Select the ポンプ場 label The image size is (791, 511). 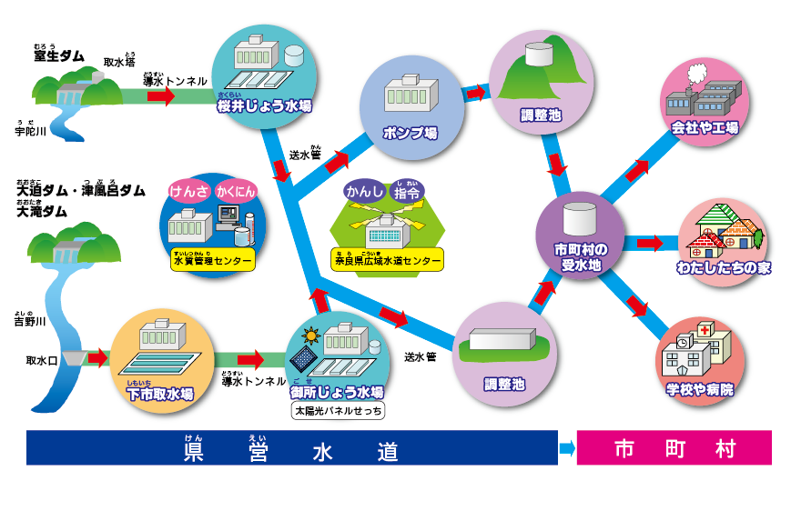pos(411,133)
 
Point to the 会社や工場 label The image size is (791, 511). pos(705,127)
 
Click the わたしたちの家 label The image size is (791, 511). pos(725,268)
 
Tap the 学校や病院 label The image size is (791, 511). pos(700,389)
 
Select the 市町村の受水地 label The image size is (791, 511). pos(580,256)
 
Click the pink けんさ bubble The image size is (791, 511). pos(188,192)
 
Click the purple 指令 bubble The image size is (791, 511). pos(409,193)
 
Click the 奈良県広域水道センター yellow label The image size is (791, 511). pos(388,260)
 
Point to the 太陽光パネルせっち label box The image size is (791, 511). pos(339,411)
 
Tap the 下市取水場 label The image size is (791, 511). pos(160,394)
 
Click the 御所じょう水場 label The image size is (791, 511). pos(338,392)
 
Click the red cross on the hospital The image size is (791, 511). pos(706,331)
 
